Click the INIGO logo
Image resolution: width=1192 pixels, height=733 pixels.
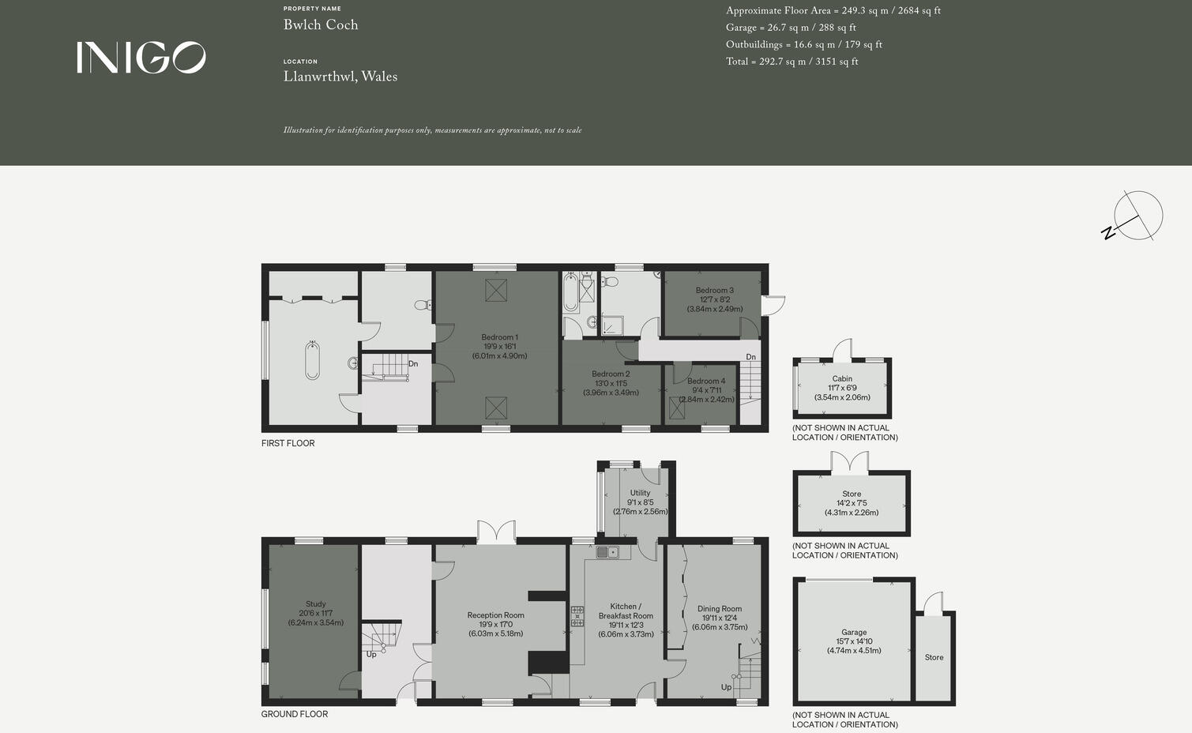pos(141,58)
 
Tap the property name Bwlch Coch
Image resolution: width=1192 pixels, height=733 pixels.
pos(321,24)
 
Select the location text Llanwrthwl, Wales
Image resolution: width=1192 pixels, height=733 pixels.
pos(340,77)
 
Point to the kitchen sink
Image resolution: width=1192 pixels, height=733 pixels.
pos(607,552)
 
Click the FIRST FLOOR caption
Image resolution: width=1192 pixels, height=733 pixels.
pos(288,443)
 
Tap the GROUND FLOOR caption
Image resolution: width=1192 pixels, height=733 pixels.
pos(294,714)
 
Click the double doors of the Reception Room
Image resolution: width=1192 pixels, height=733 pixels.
pos(496,532)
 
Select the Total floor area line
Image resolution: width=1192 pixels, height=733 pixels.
pos(792,62)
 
